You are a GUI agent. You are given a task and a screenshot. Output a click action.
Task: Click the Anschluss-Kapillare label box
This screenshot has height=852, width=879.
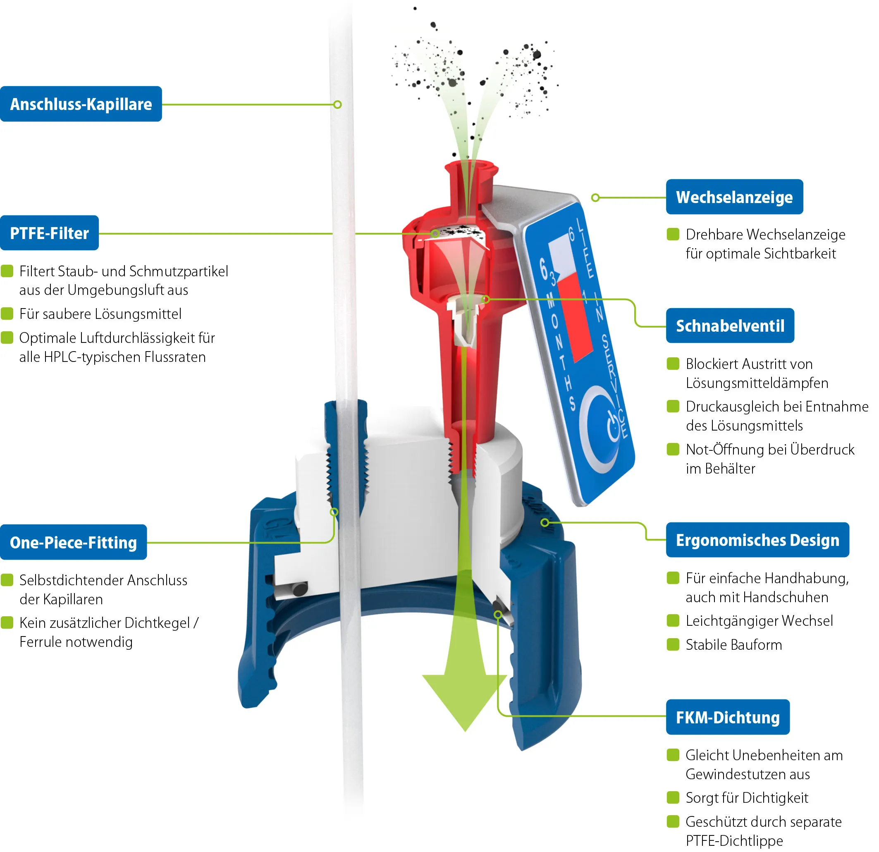point(81,104)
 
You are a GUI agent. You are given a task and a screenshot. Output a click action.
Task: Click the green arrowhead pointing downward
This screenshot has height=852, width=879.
point(465,700)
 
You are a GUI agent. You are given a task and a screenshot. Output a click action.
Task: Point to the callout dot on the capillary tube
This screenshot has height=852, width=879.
point(338,105)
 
